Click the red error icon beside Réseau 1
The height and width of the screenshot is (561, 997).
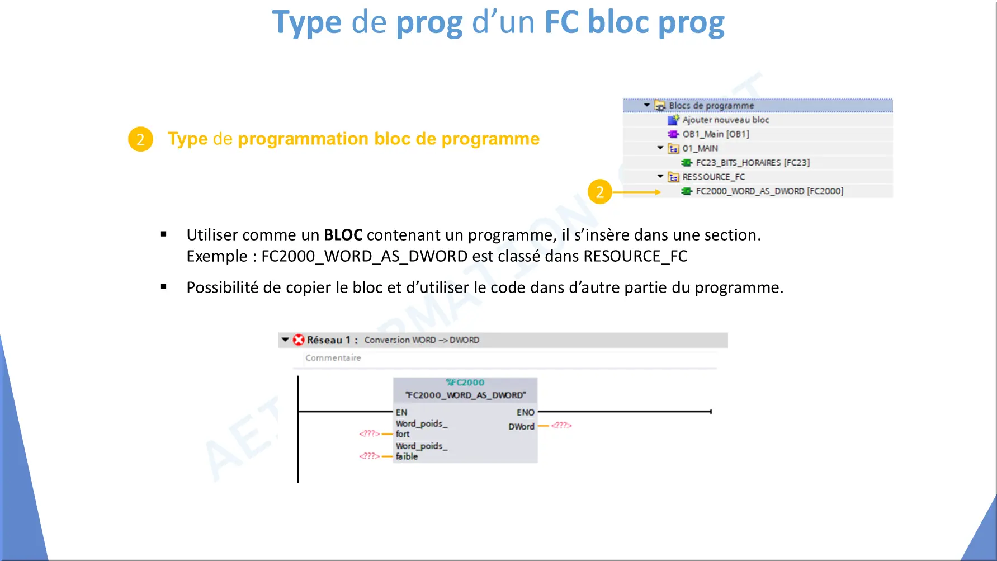299,340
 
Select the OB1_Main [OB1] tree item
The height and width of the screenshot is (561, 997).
716,134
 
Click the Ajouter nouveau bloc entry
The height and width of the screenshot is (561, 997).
725,120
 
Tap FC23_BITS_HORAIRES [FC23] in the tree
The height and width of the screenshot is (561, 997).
753,163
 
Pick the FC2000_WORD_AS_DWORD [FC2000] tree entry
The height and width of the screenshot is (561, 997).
769,191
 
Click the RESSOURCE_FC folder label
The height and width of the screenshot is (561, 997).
714,177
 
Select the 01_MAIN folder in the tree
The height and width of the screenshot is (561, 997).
700,148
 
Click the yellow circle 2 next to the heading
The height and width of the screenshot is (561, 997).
140,139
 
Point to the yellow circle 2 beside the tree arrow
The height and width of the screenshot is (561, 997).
600,192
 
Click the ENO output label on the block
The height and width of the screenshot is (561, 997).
526,412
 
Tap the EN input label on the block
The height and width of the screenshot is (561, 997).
401,412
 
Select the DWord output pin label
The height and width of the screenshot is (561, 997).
521,426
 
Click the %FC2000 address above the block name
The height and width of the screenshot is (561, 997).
465,383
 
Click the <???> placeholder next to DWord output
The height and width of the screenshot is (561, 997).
561,426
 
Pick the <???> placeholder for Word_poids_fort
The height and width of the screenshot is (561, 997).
369,433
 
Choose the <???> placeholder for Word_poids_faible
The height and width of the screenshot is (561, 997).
369,456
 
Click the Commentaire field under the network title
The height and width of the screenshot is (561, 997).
333,358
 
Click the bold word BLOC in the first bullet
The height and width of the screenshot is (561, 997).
343,235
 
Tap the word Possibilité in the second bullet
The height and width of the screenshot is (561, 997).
223,287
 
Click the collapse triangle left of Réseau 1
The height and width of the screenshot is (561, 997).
285,340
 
